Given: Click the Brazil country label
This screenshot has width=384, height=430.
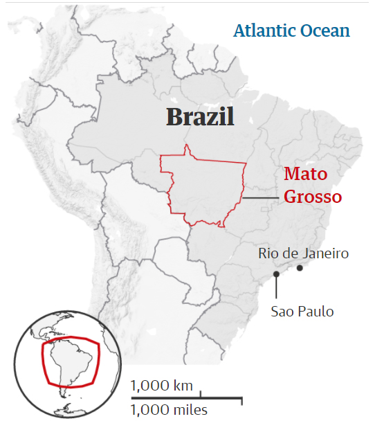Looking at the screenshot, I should point(200,116).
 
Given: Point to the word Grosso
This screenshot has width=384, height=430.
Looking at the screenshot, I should point(313,196).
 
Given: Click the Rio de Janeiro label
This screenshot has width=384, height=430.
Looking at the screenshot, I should point(304,253).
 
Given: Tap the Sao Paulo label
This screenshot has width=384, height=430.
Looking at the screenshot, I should point(302,311).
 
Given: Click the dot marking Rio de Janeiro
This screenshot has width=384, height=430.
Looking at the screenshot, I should point(300,268).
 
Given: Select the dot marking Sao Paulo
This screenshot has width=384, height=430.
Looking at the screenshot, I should point(276,274).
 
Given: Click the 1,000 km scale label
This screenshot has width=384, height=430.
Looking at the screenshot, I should point(161,385).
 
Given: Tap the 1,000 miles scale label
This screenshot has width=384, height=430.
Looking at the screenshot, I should point(169,410).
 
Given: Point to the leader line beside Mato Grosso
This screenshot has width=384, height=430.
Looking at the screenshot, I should point(262,199).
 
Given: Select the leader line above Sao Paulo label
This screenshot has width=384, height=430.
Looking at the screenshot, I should point(276,287).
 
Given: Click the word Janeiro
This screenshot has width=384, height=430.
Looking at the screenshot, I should point(325,253).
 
